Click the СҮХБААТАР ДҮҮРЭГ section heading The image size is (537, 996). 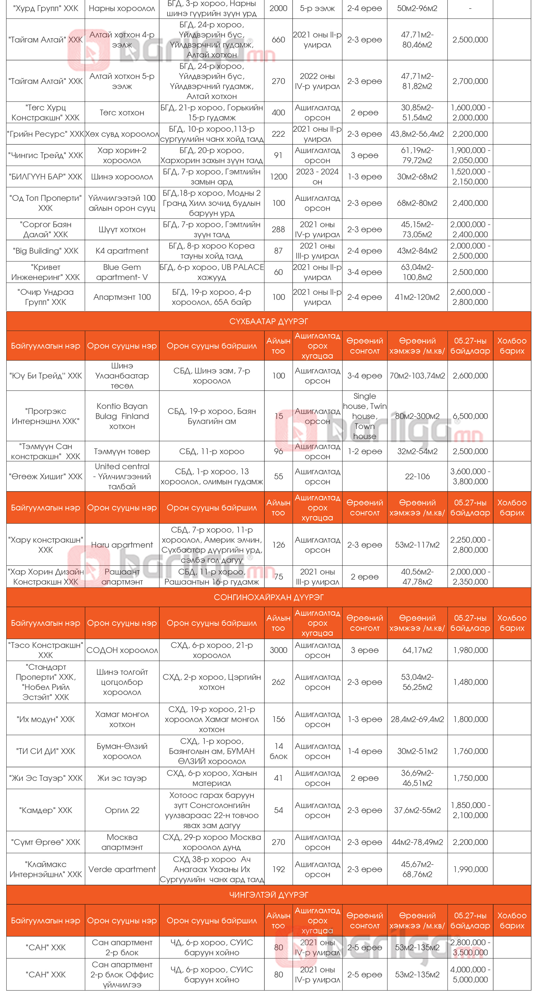coord(269,321)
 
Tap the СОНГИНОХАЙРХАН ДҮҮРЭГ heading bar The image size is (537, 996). coord(269,597)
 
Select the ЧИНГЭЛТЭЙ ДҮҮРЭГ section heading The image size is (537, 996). coord(269,895)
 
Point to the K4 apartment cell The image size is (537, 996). coord(122,251)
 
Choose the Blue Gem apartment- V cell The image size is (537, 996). coord(122,272)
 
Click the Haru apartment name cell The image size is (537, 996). coord(122,545)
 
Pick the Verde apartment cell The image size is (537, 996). coord(122,869)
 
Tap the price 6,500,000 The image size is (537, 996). coord(470,416)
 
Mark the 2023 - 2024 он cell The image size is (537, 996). coord(317,177)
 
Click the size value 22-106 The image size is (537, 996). coord(417,476)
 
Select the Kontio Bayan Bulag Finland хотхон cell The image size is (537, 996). coord(122,416)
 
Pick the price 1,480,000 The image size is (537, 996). coord(470,682)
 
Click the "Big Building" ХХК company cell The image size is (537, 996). coord(46,251)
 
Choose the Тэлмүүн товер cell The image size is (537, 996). coord(122,451)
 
